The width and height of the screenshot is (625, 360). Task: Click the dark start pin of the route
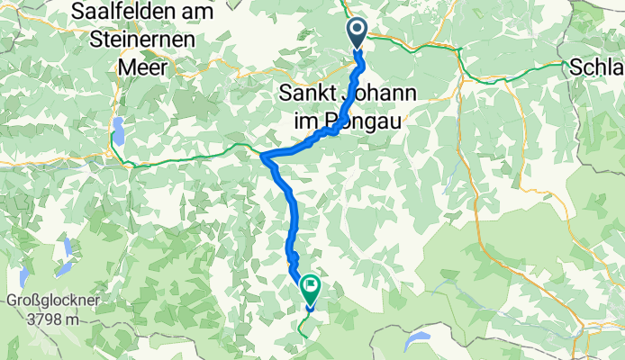(357, 33)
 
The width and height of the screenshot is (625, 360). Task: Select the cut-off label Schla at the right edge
(596, 67)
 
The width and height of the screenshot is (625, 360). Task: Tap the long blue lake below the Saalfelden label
(120, 132)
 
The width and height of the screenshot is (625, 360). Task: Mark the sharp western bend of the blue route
(264, 157)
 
